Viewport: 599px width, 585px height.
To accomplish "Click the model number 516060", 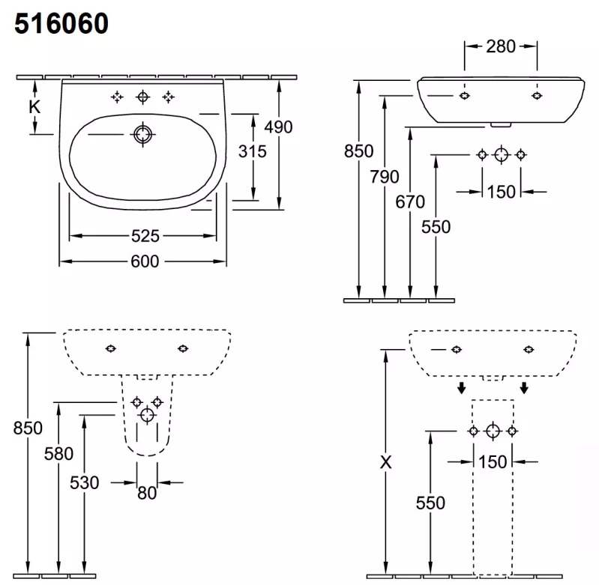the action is coord(61,24).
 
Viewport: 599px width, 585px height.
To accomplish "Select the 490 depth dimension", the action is coord(278,127).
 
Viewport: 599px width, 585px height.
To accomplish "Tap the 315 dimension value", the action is coord(252,151).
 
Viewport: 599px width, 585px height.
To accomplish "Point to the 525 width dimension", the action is coord(145,236).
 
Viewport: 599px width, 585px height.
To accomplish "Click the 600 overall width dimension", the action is coord(145,261).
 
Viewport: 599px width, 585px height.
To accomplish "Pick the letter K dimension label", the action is coord(34,107).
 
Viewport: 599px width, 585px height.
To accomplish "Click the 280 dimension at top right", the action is coord(501,46).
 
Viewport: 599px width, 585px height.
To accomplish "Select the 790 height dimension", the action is coord(385,177).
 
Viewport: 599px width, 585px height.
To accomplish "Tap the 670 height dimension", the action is coord(410,202).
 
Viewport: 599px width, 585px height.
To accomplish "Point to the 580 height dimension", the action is coord(58,454).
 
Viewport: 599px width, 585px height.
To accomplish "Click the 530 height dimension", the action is coord(85,482).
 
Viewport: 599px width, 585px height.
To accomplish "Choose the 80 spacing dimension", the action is coord(147,493).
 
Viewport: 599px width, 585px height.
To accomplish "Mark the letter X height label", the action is coord(386,462).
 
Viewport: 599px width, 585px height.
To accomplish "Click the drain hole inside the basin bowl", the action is coord(143,134).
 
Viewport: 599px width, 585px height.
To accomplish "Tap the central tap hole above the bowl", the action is coord(143,97).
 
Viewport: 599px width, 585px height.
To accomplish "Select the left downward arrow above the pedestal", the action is coord(462,388).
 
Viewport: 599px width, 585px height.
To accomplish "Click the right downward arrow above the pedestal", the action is coord(524,388).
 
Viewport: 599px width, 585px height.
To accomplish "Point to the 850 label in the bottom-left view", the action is coord(28,428).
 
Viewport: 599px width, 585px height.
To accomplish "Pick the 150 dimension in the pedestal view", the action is coord(493,462).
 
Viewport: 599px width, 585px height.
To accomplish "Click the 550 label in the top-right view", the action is coord(436,227).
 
